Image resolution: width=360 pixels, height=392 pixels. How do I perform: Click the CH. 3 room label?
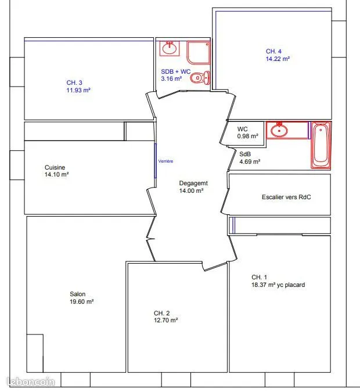click(x=74, y=82)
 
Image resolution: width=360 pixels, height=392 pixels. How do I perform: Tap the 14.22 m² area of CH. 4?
click(x=278, y=59)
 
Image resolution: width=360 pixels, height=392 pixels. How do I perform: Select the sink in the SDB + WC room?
click(x=170, y=49)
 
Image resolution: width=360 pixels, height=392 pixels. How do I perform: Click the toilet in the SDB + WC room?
click(x=200, y=78)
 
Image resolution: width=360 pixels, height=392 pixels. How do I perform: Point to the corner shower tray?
click(x=199, y=53)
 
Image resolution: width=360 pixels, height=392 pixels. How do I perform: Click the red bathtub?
click(x=321, y=145)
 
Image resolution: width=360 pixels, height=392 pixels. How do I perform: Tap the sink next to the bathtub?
click(x=279, y=130)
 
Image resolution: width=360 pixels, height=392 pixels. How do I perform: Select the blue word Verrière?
click(x=165, y=161)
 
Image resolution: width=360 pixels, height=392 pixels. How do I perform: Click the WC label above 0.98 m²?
click(x=243, y=129)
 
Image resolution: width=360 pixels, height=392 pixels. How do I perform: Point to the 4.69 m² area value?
click(x=250, y=162)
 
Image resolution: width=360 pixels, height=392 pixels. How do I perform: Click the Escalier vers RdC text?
click(x=286, y=197)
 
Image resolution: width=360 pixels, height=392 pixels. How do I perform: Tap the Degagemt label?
click(x=193, y=184)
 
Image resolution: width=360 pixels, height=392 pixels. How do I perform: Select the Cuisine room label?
click(x=55, y=167)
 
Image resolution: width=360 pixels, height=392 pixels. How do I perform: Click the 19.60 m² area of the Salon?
click(x=81, y=301)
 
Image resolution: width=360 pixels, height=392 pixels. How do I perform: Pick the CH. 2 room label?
click(x=162, y=313)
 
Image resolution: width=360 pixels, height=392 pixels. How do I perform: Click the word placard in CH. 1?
click(x=295, y=285)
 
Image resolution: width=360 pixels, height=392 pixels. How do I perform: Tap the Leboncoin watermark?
click(x=31, y=382)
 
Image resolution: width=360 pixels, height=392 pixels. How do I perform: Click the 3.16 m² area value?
click(x=171, y=78)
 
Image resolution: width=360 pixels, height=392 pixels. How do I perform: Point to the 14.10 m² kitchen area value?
click(x=56, y=174)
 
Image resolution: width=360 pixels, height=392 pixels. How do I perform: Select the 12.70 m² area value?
click(x=165, y=320)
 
